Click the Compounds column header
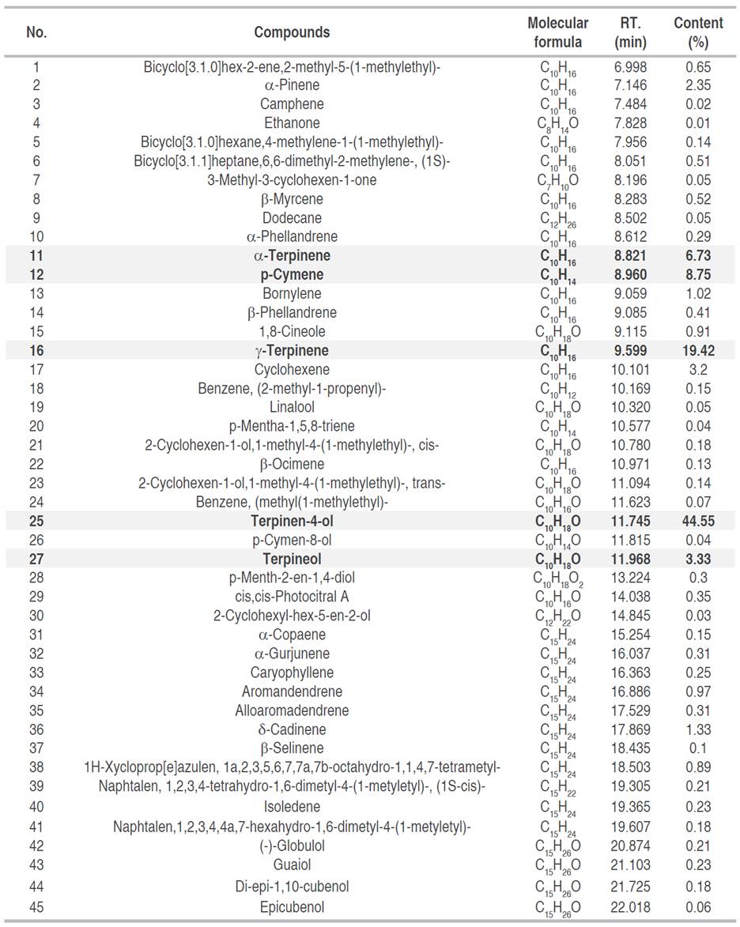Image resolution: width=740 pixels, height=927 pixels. (292, 32)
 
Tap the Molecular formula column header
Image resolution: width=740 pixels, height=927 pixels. (557, 32)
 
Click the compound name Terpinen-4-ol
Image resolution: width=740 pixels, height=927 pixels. (292, 521)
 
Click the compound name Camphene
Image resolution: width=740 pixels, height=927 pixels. (292, 104)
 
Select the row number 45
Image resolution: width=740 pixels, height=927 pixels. (36, 906)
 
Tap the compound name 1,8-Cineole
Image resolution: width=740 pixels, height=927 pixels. (292, 331)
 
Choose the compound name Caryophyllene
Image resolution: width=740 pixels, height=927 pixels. (292, 673)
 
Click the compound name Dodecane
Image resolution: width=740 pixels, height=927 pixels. (292, 217)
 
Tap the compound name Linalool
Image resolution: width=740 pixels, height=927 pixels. (292, 407)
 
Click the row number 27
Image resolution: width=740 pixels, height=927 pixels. (36, 559)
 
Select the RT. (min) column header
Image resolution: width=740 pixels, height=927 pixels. (630, 32)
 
